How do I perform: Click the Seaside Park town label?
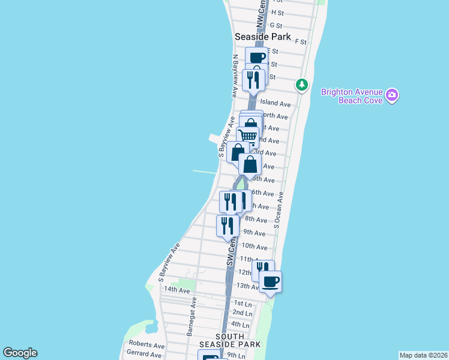pos(262,37)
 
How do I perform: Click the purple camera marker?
pos(392,95)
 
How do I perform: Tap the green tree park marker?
pos(302,85)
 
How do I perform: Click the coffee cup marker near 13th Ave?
pos(270,281)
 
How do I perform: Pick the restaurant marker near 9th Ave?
pos(227,226)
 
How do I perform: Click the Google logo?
pos(20,353)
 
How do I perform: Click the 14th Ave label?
pos(177,290)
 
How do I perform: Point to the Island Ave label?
pos(275,104)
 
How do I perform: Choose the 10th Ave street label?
pos(254,246)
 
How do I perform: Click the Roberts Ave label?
pos(146,346)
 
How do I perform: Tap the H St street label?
pos(277,12)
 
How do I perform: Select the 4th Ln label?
pos(240,324)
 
